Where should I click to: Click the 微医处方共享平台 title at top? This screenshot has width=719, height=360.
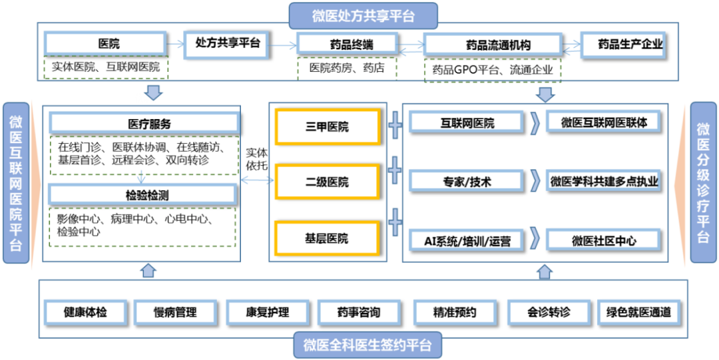(363, 15)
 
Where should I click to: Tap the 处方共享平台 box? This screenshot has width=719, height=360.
(227, 43)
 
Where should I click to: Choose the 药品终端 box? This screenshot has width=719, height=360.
(346, 45)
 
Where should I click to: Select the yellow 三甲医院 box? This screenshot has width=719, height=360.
(327, 126)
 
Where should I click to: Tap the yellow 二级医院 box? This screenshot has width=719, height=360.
(327, 182)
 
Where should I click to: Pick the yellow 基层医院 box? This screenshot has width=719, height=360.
(327, 238)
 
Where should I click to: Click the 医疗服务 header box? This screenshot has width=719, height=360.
(144, 124)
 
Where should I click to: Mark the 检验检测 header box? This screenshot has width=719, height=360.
(144, 194)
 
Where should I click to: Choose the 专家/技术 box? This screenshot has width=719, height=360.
(467, 181)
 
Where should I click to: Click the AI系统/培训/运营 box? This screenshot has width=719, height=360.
(467, 240)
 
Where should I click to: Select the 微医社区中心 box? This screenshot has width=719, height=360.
(604, 240)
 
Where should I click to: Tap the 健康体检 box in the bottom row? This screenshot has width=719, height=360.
(85, 311)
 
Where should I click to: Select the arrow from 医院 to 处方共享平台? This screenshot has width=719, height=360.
(174, 45)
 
